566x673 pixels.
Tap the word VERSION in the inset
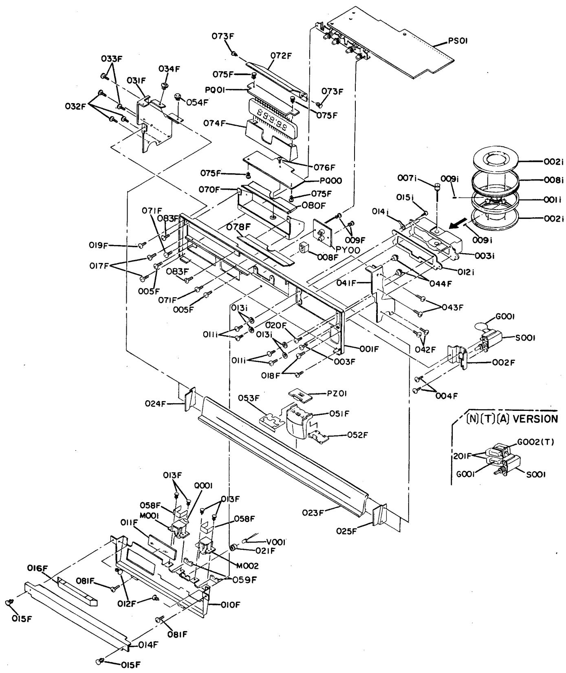(x=534, y=419)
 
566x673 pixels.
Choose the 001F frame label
(x=369, y=349)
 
